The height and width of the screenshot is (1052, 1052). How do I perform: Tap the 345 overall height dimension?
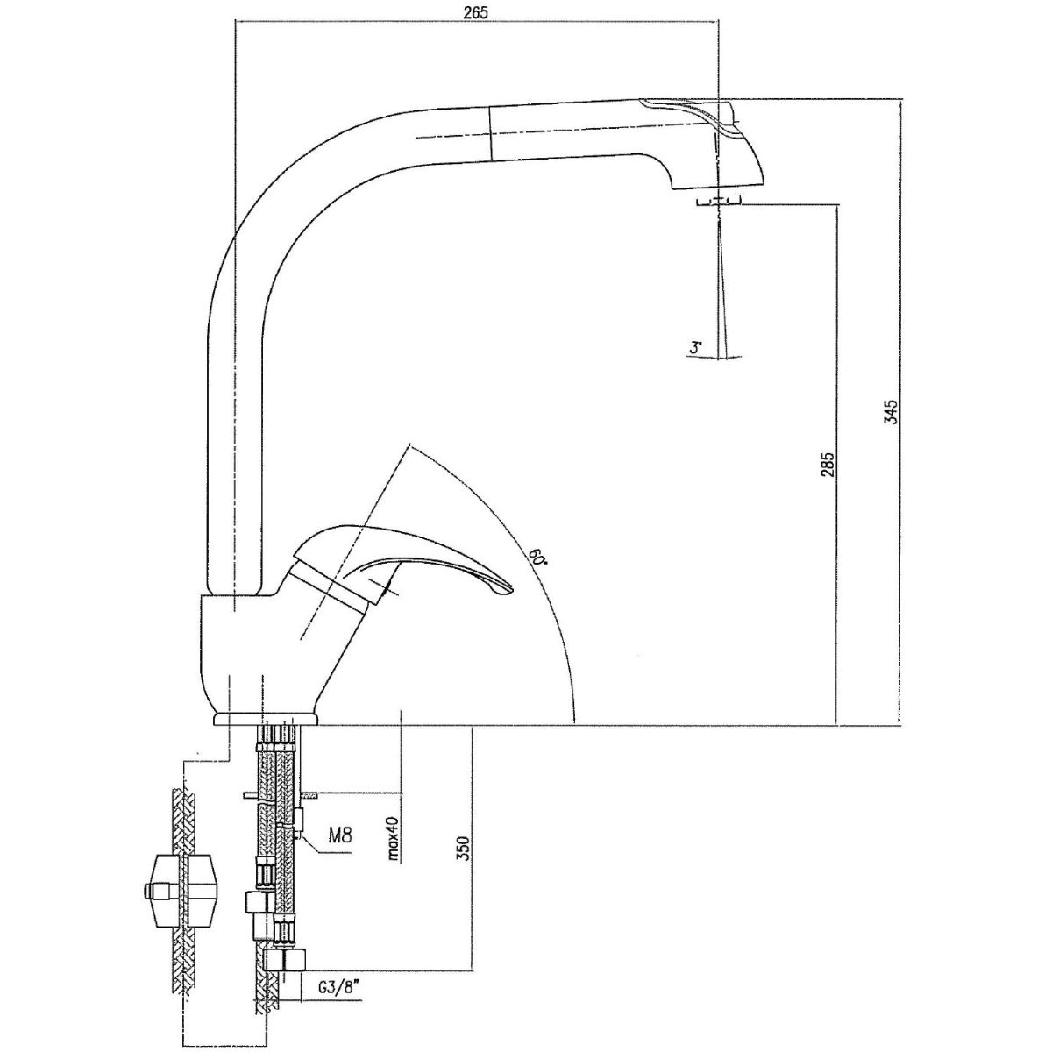coord(891,411)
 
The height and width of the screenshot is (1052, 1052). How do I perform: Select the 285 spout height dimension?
coord(827,464)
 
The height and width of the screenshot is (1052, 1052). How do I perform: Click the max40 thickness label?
coord(394,838)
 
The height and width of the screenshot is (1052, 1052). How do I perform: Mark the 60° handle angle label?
coord(536,558)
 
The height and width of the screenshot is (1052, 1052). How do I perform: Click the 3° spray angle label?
coord(695,348)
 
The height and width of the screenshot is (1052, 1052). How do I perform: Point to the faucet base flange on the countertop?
coord(266,721)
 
